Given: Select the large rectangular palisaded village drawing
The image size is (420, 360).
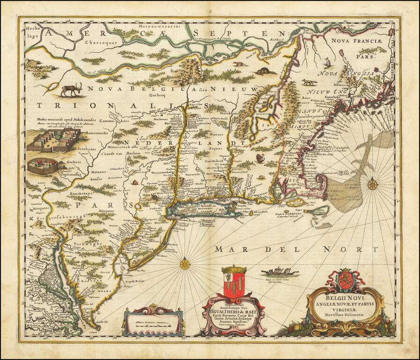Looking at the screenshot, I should click(x=51, y=141).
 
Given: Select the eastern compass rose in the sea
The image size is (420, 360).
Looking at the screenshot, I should click(x=373, y=184).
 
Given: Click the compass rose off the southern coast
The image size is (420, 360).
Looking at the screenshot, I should click(x=185, y=263).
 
